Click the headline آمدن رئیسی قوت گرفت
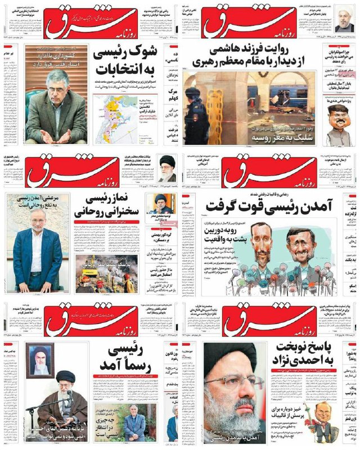[x=270, y=206]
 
